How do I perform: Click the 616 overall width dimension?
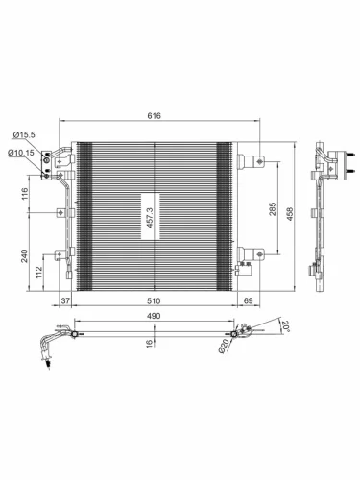click(x=154, y=116)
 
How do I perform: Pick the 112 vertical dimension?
click(x=40, y=272)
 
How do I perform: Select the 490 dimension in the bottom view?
click(x=154, y=316)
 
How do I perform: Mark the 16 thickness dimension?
click(x=149, y=342)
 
